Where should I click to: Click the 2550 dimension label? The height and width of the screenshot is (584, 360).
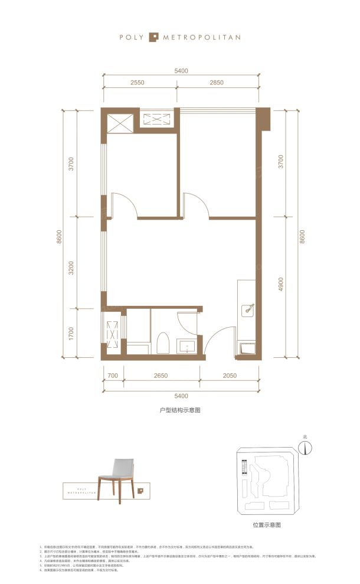tap(137, 83)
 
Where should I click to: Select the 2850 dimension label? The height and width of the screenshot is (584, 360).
tap(217, 83)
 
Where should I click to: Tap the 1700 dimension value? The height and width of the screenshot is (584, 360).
tap(71, 334)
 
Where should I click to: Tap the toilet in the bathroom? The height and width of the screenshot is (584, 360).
tap(163, 344)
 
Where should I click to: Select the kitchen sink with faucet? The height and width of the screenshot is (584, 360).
tap(248, 308)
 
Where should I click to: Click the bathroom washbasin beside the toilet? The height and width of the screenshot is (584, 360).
tap(188, 346)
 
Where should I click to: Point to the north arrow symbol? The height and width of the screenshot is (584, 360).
tap(305, 448)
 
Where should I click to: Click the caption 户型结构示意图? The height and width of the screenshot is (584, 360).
tap(180, 409)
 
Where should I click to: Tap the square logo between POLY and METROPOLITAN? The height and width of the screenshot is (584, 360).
tap(153, 37)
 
